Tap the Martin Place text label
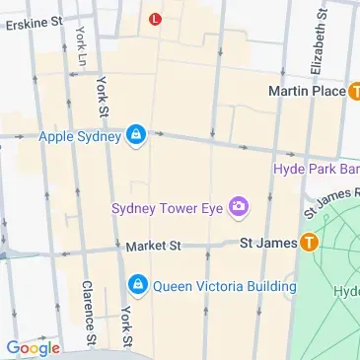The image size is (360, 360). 306,91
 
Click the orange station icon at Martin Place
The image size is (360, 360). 353,91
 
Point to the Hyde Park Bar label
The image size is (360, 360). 316,169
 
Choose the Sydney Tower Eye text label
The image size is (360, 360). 167,207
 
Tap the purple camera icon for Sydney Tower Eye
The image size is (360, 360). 238,207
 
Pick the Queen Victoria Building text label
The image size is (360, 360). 224,287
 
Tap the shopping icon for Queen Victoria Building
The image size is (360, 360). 139,287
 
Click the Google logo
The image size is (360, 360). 32,347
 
